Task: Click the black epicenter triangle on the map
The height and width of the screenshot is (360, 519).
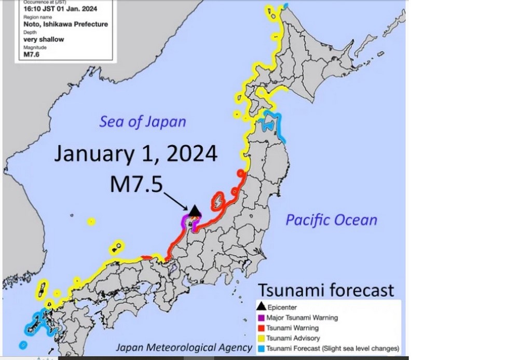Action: click(195, 211)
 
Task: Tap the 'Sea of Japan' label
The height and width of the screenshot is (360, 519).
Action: click(143, 122)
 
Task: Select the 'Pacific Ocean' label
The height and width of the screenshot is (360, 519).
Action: click(332, 220)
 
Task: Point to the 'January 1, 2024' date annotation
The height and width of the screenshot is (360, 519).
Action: click(135, 155)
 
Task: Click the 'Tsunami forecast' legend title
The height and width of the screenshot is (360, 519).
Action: click(326, 289)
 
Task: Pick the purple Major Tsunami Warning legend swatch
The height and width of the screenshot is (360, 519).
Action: click(261, 317)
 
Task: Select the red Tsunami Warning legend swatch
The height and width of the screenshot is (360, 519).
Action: click(261, 328)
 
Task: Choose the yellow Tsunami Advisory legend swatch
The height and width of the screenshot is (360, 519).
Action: click(261, 338)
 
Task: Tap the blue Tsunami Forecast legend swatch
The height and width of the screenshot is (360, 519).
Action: click(261, 348)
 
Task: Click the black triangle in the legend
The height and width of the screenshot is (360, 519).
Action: click(261, 308)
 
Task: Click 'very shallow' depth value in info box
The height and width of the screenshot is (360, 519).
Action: click(44, 39)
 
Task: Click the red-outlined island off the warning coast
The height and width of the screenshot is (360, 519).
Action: click(219, 199)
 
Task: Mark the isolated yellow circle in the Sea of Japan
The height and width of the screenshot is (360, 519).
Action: click(91, 221)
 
